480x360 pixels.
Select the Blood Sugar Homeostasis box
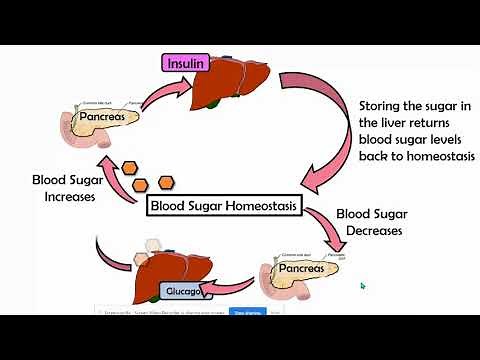coord(222,206)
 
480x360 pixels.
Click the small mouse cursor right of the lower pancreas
coord(363,286)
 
